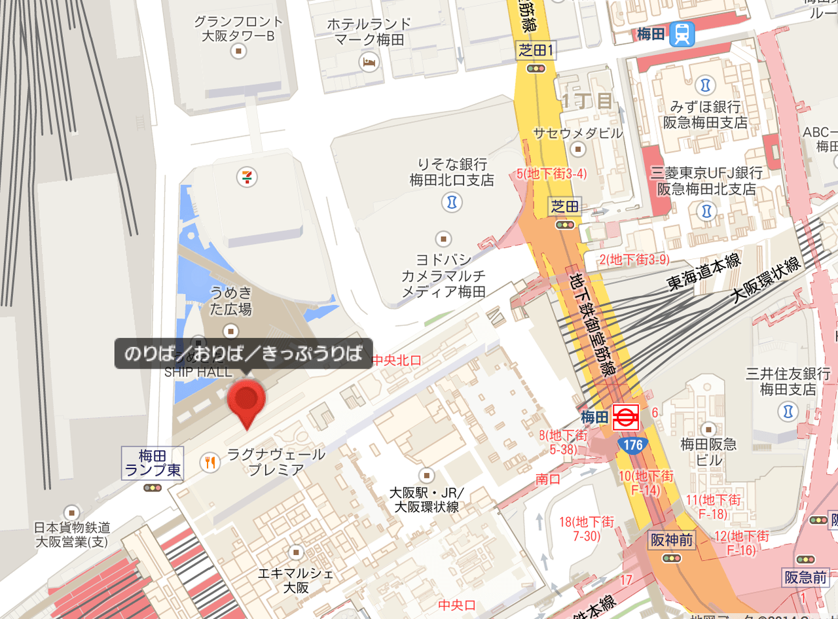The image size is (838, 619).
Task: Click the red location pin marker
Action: click(x=246, y=400)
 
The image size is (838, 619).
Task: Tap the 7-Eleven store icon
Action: click(x=247, y=176)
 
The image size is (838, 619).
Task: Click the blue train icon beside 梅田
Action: click(x=682, y=34)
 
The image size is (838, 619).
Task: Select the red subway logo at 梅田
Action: click(x=625, y=417)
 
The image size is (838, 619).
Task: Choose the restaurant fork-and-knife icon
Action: click(x=210, y=463)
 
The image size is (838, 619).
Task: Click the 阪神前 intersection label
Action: click(x=672, y=540)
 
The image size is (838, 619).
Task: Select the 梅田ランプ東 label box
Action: click(x=153, y=462)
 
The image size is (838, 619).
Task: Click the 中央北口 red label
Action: click(x=397, y=360)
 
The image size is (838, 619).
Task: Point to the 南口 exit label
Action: click(x=548, y=479)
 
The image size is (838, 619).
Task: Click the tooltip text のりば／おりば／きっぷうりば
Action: click(x=244, y=354)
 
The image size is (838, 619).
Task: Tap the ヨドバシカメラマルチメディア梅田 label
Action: click(x=443, y=275)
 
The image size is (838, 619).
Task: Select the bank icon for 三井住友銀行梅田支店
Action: click(x=788, y=412)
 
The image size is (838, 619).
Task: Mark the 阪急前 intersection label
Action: click(x=805, y=577)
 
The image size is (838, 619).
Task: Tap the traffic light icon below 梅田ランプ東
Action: click(x=153, y=487)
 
